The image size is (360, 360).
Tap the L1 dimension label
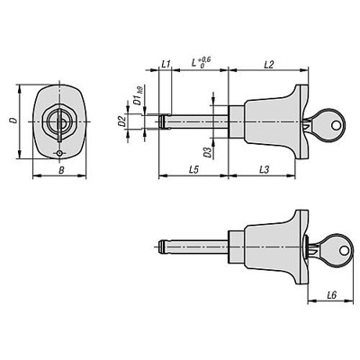coord(166,62)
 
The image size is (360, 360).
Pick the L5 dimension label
coord(194,168)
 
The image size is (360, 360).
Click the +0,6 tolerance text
coord(205,58)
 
